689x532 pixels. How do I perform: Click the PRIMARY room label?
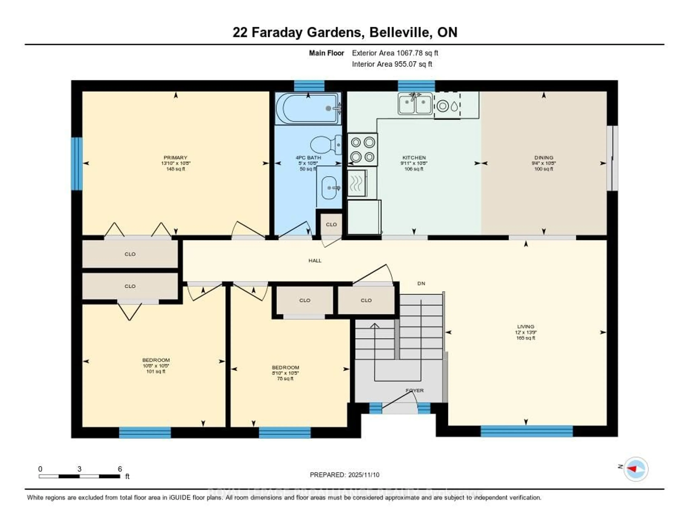click(x=175, y=157)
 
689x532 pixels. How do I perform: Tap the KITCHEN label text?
click(x=414, y=157)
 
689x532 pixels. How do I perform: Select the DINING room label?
click(x=543, y=157)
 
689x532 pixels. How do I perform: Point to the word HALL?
click(x=315, y=260)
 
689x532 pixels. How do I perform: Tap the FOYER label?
click(x=414, y=390)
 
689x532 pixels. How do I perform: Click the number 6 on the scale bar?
click(x=120, y=469)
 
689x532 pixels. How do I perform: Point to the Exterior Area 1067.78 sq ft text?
click(x=395, y=53)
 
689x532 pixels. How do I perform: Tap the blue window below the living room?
click(x=526, y=431)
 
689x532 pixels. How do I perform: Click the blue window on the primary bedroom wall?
click(x=77, y=164)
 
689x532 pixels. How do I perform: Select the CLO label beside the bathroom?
click(x=331, y=225)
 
